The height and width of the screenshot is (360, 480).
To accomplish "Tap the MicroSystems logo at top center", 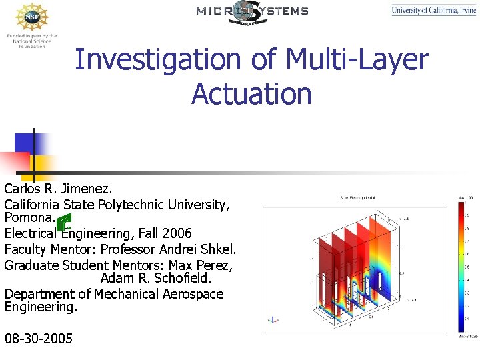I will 252,11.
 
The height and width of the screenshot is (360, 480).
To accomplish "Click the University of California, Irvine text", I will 433,10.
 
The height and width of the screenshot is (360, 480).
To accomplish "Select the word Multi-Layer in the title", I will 357,60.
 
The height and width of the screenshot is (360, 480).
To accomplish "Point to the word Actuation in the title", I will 251,93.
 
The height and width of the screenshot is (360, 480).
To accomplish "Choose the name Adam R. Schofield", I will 156,278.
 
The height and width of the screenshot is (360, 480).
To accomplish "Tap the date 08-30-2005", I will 39,339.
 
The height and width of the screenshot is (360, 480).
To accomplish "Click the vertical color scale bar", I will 462,267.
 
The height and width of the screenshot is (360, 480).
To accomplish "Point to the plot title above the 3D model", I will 357,197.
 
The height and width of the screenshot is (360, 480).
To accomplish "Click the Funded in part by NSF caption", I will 31,41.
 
